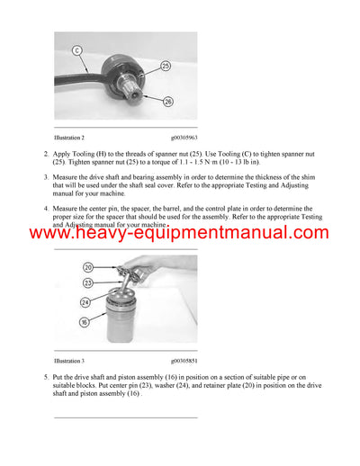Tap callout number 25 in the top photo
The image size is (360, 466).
coord(166,65)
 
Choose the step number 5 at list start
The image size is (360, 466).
coord(46,376)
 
